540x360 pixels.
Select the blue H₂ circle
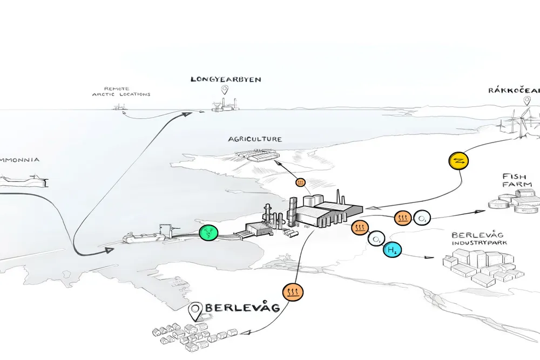[x=392, y=250]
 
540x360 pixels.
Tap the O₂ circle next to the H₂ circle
[x=376, y=238]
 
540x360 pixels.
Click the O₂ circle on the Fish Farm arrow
[x=422, y=218]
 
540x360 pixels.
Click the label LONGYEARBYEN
[x=226, y=79]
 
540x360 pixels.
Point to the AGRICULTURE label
[x=255, y=139]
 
